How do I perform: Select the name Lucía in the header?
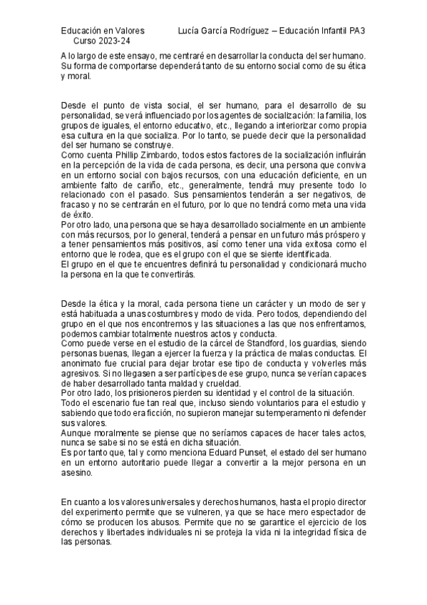click(191, 31)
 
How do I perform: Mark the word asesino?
click(78, 472)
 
